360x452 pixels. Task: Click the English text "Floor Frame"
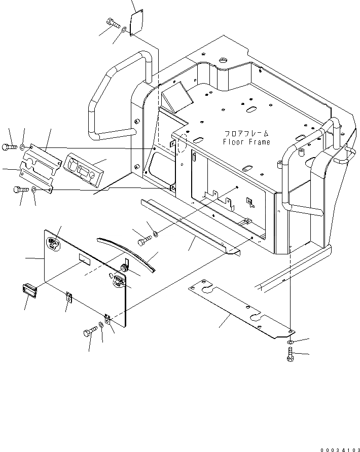click(246, 142)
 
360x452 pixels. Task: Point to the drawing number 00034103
click(338, 448)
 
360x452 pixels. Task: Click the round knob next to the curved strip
click(125, 265)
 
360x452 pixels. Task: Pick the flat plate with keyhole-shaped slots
click(238, 309)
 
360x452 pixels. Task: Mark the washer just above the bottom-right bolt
click(290, 343)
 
